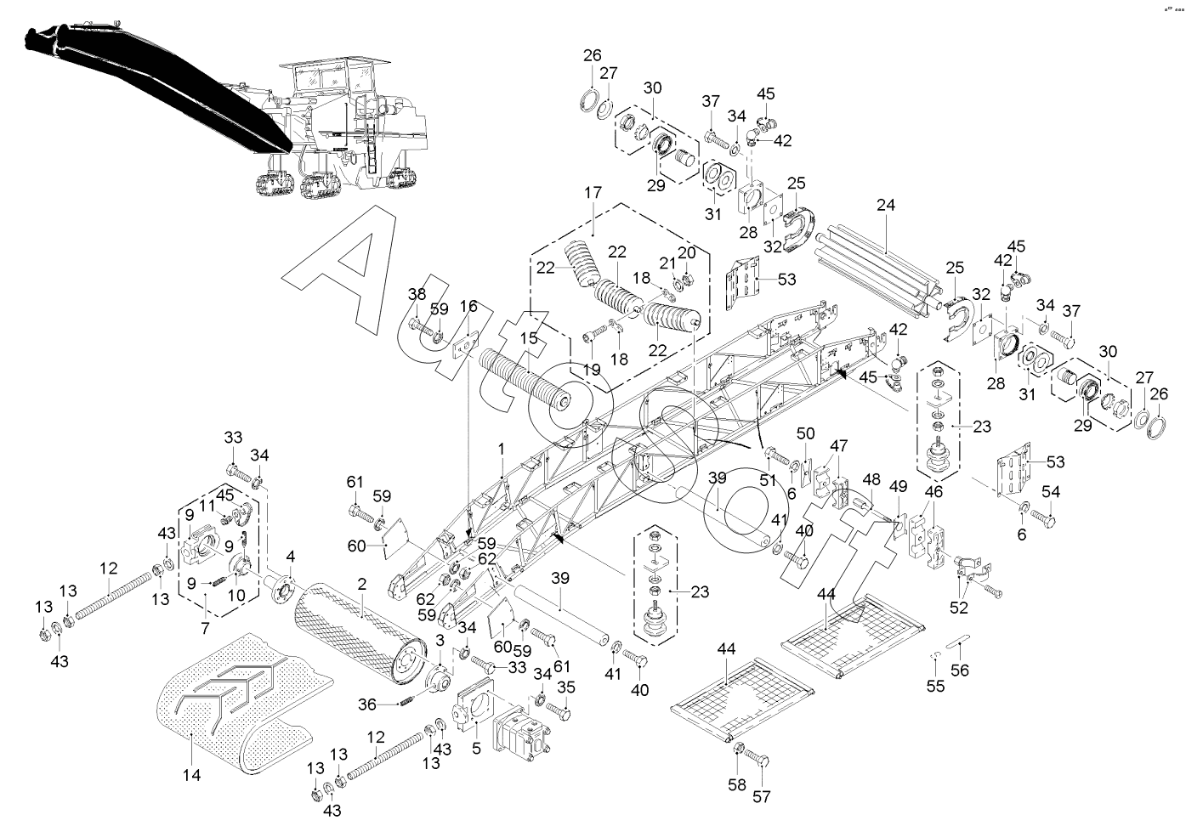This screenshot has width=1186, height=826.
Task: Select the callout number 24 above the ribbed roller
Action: click(886, 205)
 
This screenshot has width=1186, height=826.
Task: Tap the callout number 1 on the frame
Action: click(502, 448)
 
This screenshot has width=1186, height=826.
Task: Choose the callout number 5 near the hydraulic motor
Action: click(476, 749)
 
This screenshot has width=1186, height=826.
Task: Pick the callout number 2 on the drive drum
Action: click(361, 585)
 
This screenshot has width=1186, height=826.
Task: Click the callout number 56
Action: click(959, 670)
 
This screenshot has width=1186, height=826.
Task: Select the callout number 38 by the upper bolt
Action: click(416, 294)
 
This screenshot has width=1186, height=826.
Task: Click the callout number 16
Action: click(468, 306)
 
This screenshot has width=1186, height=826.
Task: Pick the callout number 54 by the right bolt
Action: click(1051, 491)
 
